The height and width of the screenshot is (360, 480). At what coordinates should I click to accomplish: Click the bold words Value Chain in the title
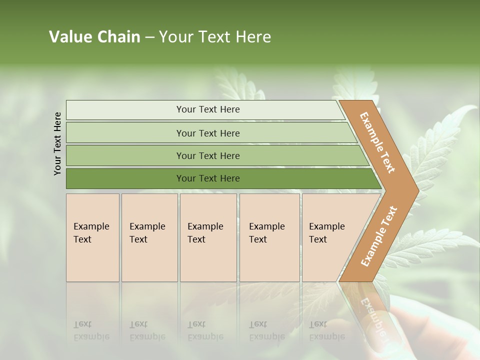[94, 37]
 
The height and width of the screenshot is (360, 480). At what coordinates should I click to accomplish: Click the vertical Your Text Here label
[57, 143]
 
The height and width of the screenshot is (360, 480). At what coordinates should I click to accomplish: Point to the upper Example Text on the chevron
[377, 142]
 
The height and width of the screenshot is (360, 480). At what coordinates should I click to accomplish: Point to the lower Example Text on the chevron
[379, 236]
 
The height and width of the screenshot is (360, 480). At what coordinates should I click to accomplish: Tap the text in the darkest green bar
[208, 178]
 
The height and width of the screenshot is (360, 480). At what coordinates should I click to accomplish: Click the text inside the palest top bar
[208, 109]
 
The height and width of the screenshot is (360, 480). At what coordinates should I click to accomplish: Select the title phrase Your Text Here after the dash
[215, 37]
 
